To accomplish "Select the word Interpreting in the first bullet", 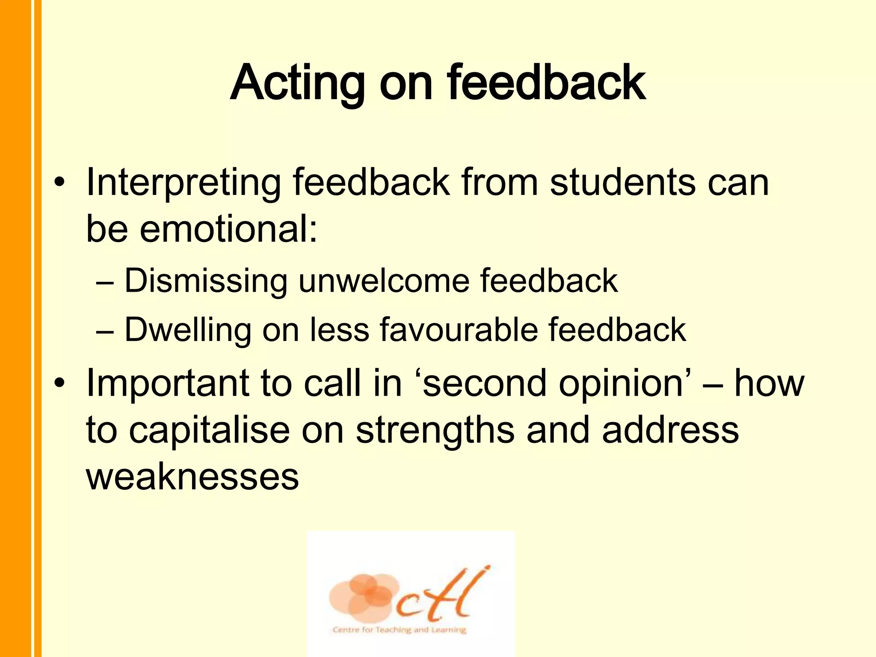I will (x=183, y=183).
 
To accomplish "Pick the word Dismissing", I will (x=206, y=281).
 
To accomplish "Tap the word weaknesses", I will (x=192, y=476).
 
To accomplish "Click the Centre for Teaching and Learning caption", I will (x=399, y=630).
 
